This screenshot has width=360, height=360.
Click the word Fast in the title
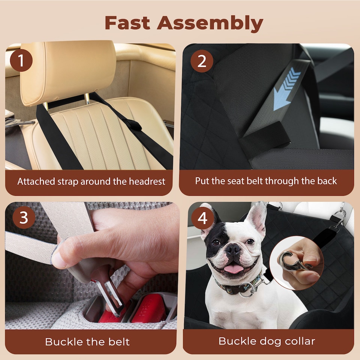127,23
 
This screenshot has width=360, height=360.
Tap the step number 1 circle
21,60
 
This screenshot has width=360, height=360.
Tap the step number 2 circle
202,61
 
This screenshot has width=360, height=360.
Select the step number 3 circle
24,218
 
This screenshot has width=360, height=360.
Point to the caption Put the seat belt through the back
266,181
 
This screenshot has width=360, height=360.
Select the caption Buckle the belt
87,342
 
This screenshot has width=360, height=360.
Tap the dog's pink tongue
234,268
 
